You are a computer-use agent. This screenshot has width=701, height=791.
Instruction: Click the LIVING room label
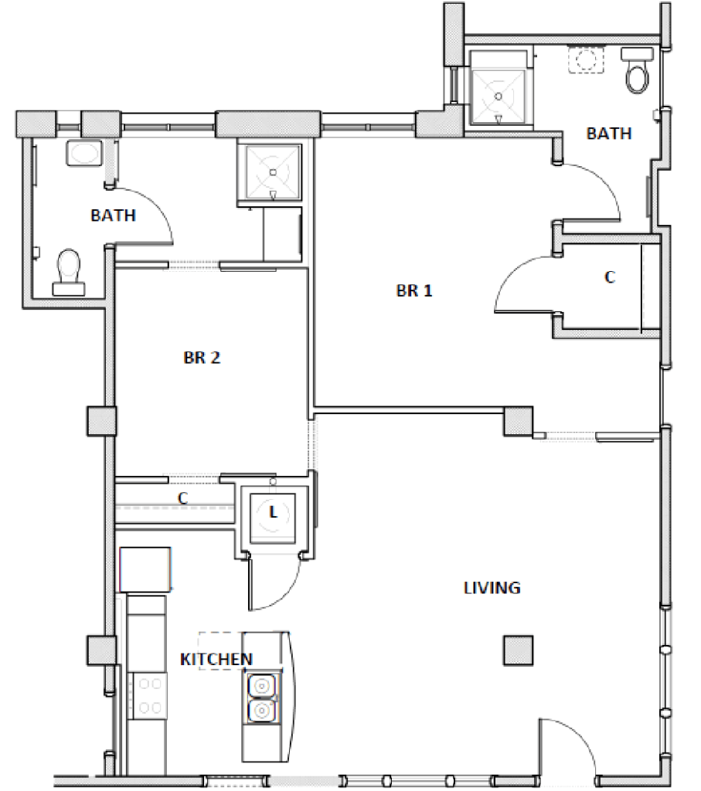coord(492,588)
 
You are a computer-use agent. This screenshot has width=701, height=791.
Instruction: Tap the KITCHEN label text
coord(216,659)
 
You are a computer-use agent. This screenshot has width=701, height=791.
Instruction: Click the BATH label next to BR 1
coord(608,134)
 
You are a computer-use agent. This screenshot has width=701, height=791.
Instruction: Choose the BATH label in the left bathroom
coord(113,216)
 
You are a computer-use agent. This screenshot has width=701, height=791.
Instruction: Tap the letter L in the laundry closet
coord(272,511)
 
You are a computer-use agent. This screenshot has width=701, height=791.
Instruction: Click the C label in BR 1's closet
coord(609,277)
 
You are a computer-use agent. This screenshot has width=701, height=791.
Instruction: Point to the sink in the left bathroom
coord(81,153)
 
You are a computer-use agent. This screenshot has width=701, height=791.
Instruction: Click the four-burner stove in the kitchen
coord(148,694)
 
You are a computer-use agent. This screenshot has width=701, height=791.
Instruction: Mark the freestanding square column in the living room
coord(517,650)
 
